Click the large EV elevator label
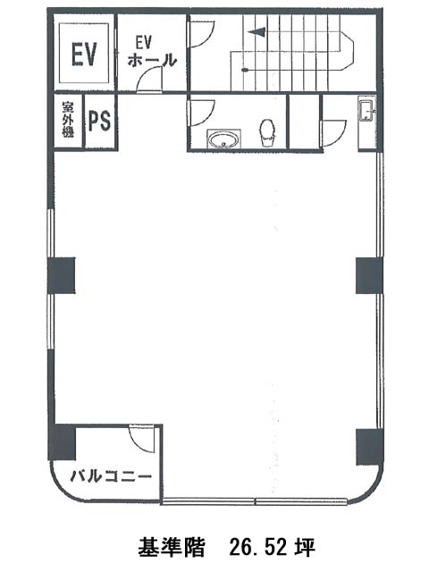pos(84,54)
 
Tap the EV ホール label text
pos(152,52)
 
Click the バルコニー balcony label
pos(111,475)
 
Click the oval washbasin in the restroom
pos(223,140)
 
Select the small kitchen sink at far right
pos(366,111)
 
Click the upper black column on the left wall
pos(62,275)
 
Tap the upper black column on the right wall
pos(369,275)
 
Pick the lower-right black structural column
pos(369,447)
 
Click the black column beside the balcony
pos(62,442)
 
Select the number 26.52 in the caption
pos(259,546)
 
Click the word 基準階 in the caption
pos(172,546)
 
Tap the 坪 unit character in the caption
pos(305,546)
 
